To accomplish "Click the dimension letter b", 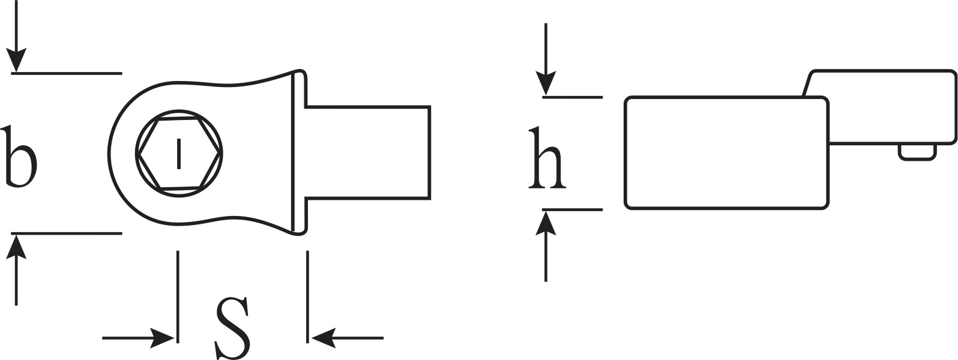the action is coord(20,157).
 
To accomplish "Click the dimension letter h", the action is coord(547,158).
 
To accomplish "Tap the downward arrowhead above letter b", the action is coord(16,60).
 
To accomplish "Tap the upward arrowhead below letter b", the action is coord(16,247).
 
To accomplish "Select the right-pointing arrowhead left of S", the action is coord(163,338).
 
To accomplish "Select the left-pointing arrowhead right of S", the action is coord(324,338).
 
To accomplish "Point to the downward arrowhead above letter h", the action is coord(546,83).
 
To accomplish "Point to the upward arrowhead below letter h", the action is coord(546,223).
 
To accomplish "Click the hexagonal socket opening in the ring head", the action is coord(179,153).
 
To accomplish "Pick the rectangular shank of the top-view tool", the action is coord(367,152).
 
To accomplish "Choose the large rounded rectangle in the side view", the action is coord(727,153).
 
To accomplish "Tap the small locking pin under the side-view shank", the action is coord(917,153).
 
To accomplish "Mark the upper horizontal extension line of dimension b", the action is coord(67,74).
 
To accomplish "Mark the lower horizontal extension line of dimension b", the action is coord(67,233).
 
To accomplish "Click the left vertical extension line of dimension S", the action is coord(178,297).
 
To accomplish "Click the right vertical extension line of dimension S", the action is coord(307,297).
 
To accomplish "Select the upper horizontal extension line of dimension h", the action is coord(572,97).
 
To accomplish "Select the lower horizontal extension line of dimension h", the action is coord(572,209).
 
